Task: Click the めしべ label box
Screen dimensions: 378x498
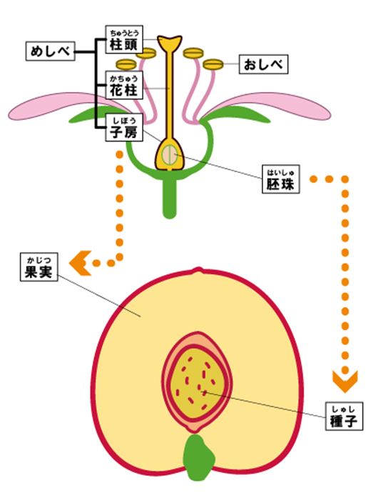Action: coord(50,51)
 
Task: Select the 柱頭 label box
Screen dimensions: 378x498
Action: coord(124,39)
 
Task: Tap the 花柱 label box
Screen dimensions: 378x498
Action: coord(124,85)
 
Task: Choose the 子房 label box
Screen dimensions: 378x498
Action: coord(124,128)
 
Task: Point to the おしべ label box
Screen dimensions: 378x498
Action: coord(263,64)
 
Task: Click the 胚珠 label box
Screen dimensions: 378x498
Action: coord(281,179)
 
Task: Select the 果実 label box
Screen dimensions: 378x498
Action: coord(39,267)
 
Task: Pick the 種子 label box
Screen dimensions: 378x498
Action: coord(344,417)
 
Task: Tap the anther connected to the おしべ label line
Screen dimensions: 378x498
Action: coord(213,64)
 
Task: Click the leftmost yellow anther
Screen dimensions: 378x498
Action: coord(126,64)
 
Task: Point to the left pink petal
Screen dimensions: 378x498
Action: coord(60,107)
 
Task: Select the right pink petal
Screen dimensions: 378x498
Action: coord(272,107)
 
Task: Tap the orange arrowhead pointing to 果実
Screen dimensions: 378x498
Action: coord(81,263)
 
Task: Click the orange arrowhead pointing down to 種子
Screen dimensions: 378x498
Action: coord(345,381)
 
